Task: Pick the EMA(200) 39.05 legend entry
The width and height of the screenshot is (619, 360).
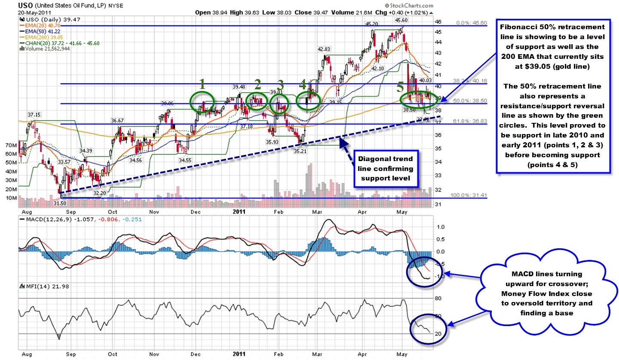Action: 41,37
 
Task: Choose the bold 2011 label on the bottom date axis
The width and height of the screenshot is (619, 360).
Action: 239,355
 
